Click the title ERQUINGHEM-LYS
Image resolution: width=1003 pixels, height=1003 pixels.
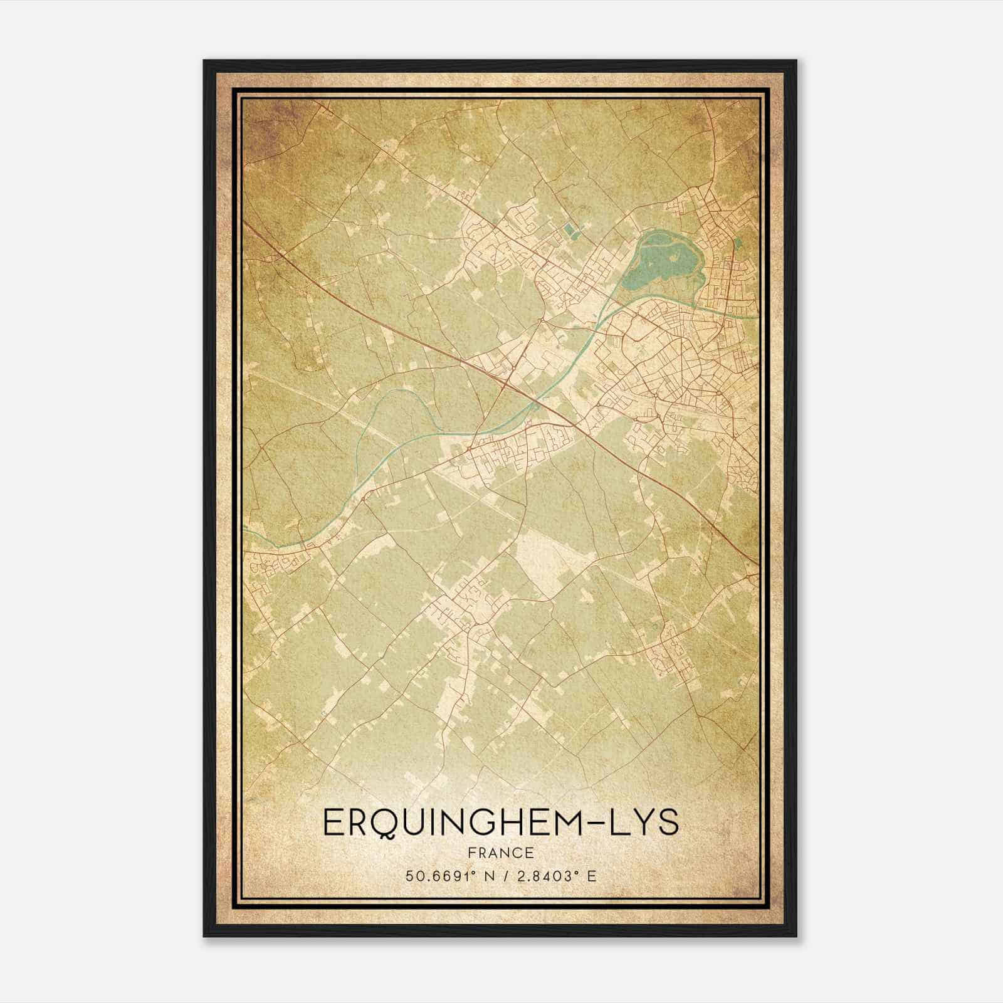pyautogui.click(x=500, y=822)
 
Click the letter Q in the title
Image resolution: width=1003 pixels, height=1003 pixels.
pyautogui.click(x=392, y=823)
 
